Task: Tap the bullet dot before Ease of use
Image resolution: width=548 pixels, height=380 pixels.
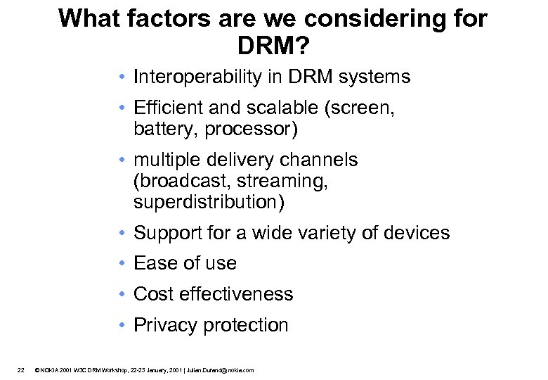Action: click(x=122, y=263)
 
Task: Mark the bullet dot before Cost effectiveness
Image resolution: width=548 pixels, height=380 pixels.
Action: click(x=122, y=293)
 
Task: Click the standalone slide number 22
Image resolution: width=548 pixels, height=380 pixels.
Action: click(x=21, y=369)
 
